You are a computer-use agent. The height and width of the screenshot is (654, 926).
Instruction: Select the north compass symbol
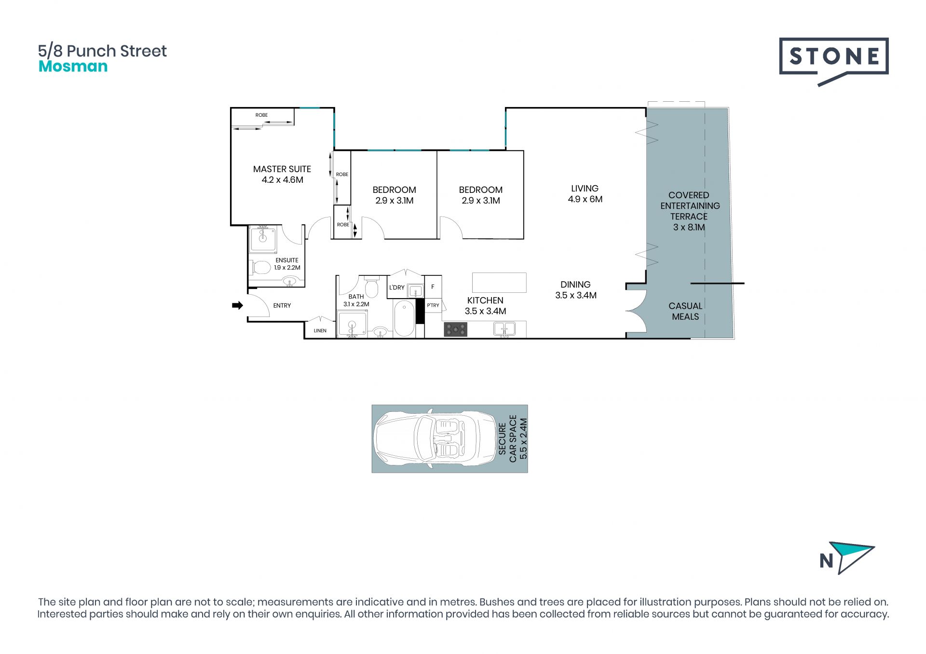click(847, 558)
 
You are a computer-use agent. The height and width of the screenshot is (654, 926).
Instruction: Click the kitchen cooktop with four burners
click(455, 329)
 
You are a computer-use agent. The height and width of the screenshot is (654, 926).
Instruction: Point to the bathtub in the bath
click(404, 318)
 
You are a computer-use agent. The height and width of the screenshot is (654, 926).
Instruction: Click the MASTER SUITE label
click(282, 169)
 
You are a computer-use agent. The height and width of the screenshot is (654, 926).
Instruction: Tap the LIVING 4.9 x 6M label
click(585, 194)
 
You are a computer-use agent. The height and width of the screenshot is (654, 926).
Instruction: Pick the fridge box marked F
click(433, 287)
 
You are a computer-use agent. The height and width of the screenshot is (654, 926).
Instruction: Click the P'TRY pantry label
click(433, 305)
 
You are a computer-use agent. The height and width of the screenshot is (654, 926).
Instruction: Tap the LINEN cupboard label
click(320, 331)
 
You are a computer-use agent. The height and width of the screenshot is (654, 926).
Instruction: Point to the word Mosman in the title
click(73, 67)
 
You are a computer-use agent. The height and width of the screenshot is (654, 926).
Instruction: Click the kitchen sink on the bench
click(504, 329)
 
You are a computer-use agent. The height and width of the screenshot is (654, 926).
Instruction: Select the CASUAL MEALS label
click(685, 311)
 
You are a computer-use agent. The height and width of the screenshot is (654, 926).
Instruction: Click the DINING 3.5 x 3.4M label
click(576, 290)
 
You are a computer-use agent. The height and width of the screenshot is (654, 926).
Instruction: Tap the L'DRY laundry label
click(397, 287)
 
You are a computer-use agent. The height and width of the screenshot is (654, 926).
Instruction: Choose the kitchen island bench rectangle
click(499, 283)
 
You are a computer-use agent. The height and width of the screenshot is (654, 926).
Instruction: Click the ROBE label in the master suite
click(261, 115)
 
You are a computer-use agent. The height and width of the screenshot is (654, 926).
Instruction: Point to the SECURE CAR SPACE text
click(507, 439)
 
